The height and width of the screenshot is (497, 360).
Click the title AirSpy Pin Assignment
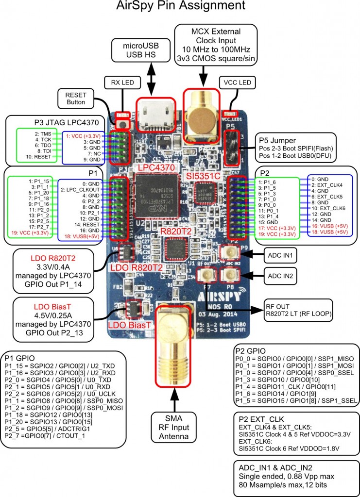point(180,6)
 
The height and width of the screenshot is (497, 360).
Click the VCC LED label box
point(237,83)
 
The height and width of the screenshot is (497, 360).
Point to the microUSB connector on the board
point(154,116)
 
